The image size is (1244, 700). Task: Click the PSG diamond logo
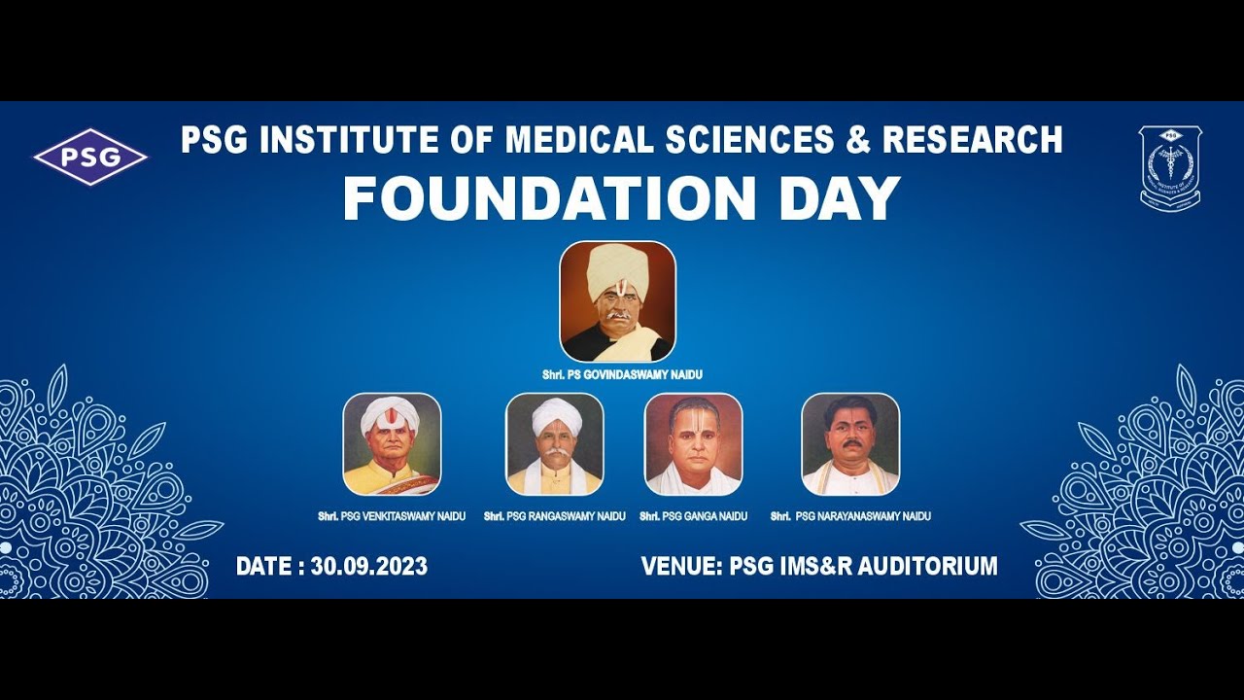point(90,157)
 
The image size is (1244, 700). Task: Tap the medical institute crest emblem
point(1170,167)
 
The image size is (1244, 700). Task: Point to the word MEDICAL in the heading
point(580,140)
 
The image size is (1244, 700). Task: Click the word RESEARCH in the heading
point(972,140)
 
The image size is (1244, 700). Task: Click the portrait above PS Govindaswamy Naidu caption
point(617,301)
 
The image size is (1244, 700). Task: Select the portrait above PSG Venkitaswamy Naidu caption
point(392,443)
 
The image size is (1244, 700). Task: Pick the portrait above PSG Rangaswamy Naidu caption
point(554,443)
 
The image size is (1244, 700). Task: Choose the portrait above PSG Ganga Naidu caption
point(693,443)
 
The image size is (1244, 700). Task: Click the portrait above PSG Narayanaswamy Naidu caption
point(850,443)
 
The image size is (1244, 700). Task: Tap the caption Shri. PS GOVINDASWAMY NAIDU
point(622,375)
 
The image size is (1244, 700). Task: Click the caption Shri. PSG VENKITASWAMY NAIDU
point(392,516)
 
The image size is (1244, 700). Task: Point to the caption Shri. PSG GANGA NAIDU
point(693,516)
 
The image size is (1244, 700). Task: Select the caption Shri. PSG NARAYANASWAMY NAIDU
point(850,516)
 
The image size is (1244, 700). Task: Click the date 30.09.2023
point(368,566)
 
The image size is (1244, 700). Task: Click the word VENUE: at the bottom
point(681,566)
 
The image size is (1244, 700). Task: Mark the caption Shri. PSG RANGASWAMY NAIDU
point(554,516)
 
